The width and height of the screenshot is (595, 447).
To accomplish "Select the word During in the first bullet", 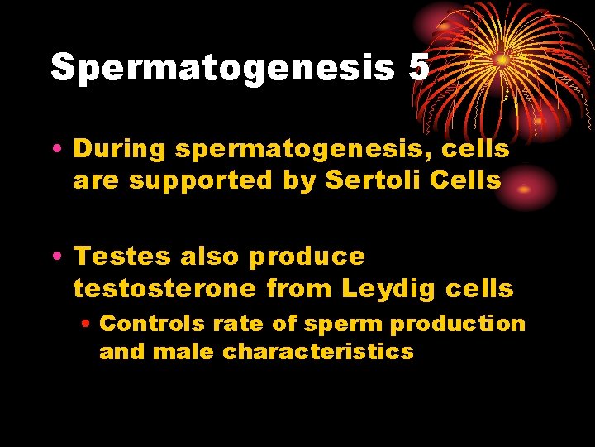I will pos(123,149).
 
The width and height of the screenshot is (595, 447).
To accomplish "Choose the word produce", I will pos(307,257).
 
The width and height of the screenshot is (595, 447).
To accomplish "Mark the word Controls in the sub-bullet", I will pos(144,322).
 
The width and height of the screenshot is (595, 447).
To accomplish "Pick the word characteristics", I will pos(318,352).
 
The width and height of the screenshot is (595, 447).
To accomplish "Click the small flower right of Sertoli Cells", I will pos(524,186).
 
